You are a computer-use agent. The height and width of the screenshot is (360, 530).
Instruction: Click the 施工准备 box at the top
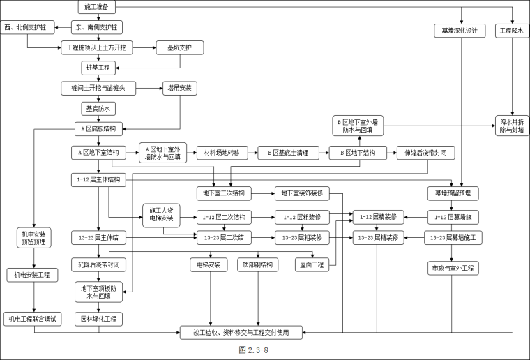pyautogui.click(x=97, y=7)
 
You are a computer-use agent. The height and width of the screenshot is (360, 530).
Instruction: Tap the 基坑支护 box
pyautogui.click(x=179, y=47)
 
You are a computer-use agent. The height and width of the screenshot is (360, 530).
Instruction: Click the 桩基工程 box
pyautogui.click(x=97, y=68)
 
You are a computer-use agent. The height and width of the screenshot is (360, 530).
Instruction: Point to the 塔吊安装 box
pyautogui.click(x=179, y=88)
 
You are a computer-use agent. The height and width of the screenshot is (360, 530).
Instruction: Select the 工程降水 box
pyautogui.click(x=513, y=31)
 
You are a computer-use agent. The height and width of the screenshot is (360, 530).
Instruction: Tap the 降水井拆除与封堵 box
pyautogui.click(x=513, y=126)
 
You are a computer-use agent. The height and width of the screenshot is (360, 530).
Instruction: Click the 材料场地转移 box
pyautogui.click(x=220, y=152)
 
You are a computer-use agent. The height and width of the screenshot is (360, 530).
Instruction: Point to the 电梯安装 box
pyautogui.click(x=209, y=264)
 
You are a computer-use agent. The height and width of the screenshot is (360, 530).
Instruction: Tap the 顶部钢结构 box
pyautogui.click(x=258, y=264)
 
